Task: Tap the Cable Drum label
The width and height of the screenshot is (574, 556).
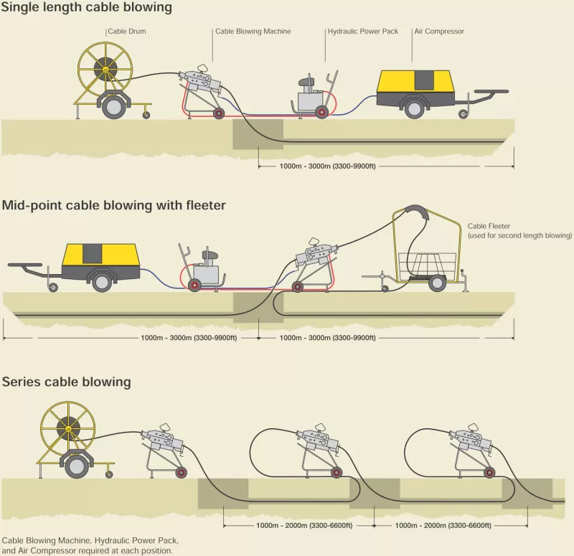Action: point(126,32)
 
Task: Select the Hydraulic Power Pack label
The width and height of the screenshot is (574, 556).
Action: point(362,32)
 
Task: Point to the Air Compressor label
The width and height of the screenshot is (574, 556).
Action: point(439,32)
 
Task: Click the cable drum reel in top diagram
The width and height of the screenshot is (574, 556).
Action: point(105,72)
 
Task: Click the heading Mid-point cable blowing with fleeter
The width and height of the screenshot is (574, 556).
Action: point(114,206)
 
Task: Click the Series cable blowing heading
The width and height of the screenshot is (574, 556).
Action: point(67,382)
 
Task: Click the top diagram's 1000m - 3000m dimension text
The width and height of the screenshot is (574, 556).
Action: point(327,166)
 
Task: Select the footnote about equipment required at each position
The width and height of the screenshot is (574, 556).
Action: point(90,545)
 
